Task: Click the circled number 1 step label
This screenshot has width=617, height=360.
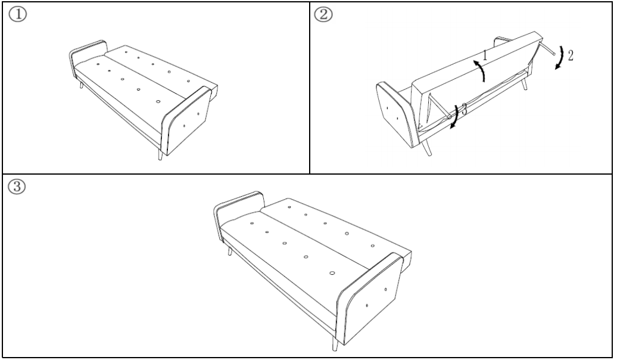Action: [18, 14]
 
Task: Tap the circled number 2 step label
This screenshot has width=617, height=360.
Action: [323, 14]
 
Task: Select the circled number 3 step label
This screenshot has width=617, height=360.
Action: [17, 187]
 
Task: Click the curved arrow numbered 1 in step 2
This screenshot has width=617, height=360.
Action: [480, 70]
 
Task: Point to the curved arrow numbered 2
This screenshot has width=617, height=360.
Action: [560, 58]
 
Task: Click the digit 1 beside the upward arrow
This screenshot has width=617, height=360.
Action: [485, 55]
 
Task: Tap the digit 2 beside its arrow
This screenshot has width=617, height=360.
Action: [570, 55]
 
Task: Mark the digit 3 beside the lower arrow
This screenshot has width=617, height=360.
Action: [465, 109]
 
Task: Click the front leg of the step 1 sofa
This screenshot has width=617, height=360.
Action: [160, 154]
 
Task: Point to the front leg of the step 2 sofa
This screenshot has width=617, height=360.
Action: [426, 148]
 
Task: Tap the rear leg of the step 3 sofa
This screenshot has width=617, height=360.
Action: [229, 251]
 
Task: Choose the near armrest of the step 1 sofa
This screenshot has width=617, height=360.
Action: [186, 121]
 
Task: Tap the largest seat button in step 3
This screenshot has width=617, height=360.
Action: [332, 273]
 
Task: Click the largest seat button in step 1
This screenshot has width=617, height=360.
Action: [158, 101]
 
